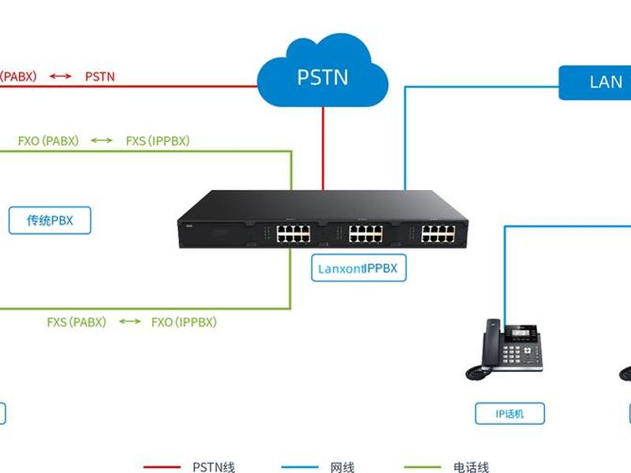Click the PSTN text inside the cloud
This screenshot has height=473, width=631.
323,77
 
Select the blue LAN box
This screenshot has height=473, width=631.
595,83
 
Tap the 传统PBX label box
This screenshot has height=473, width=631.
50,221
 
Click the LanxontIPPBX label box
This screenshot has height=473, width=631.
359,268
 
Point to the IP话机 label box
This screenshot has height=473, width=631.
510,413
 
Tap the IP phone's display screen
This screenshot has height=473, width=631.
521,333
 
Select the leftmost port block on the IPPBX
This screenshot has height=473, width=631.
293,233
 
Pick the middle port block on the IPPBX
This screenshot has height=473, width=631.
366,233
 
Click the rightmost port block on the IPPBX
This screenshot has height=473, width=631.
439,233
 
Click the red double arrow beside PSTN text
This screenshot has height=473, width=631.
61,76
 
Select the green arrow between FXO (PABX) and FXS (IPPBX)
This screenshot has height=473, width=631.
102,140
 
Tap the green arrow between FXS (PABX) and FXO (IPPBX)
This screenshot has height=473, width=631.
130,322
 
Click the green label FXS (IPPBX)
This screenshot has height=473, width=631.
158,141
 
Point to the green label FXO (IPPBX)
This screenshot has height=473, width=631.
184,322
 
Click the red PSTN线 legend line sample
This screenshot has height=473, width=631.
162,467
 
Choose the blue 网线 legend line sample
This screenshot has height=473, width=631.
300,467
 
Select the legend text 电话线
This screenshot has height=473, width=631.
471,467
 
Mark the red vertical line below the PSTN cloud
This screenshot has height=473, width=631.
323,148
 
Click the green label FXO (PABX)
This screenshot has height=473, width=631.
48,141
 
